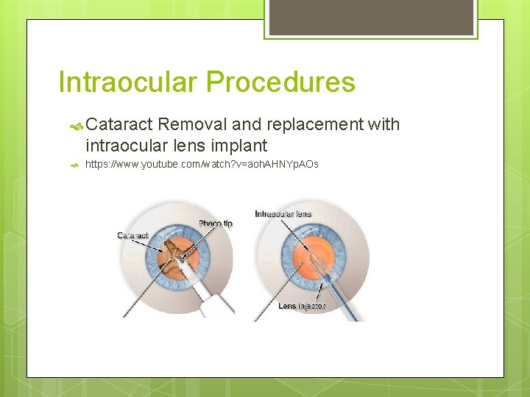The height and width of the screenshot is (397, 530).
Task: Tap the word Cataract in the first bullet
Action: click(119, 125)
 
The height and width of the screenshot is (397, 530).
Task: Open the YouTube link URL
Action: click(202, 164)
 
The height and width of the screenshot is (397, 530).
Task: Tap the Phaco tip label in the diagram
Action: click(215, 223)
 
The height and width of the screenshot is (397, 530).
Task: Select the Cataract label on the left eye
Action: click(132, 235)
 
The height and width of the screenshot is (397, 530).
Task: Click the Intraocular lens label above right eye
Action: click(283, 214)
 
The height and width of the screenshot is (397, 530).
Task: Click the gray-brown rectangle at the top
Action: click(370, 17)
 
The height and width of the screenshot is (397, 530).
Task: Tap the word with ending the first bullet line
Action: click(384, 125)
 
